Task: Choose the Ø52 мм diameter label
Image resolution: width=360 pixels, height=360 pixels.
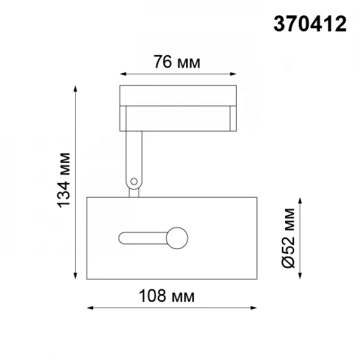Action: (x=288, y=237)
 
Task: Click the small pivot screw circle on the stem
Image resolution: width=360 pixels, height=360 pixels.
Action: (x=135, y=182)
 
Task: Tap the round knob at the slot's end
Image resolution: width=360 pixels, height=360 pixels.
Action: (x=178, y=237)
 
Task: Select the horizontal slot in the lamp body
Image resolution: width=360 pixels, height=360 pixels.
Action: (x=146, y=237)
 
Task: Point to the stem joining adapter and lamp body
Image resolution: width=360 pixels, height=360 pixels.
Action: (x=134, y=165)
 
